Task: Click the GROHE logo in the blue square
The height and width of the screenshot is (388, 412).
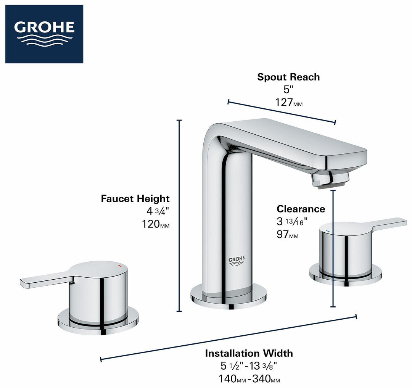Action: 44,34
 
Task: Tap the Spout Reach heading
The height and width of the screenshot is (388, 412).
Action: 288,77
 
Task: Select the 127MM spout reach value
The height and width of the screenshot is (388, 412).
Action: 288,103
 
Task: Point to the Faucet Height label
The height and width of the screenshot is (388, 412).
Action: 135,198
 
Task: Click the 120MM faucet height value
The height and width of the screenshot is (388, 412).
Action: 155,224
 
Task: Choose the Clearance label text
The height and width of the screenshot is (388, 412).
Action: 301,209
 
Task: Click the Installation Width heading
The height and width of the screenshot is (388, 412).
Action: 249,353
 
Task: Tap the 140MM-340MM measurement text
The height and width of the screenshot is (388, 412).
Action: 249,379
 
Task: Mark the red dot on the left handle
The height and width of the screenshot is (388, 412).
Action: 119,265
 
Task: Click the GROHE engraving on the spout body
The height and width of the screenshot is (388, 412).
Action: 236,261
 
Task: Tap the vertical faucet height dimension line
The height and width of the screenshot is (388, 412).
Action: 179,216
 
